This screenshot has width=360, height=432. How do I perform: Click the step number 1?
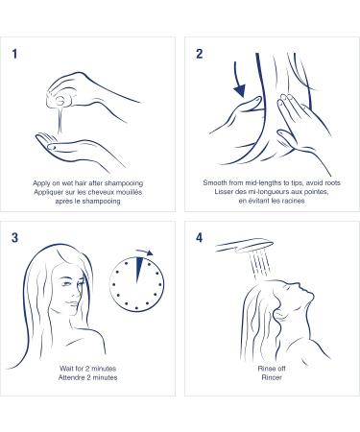click(x=14, y=54)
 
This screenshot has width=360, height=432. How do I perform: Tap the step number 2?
click(x=200, y=54)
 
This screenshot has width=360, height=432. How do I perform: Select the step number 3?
click(x=14, y=238)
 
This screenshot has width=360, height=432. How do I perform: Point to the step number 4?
click(x=200, y=238)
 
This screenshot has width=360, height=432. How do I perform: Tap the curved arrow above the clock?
click(x=145, y=252)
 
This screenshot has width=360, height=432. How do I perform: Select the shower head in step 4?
click(x=245, y=246)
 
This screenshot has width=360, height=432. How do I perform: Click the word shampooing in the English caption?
click(x=124, y=183)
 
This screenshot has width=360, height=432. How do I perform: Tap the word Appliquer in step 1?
click(x=48, y=193)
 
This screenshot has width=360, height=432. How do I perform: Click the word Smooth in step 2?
click(x=215, y=183)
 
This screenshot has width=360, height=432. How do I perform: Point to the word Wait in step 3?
click(x=66, y=369)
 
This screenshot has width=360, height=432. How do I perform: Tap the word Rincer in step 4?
click(x=272, y=377)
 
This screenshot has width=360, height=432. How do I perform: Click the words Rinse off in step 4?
click(x=272, y=369)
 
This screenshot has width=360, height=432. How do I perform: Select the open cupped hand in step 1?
click(x=80, y=151)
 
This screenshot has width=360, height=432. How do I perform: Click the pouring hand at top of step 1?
click(x=93, y=94)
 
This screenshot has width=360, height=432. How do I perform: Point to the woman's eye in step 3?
click(x=66, y=283)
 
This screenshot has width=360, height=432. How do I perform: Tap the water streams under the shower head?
click(x=260, y=265)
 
